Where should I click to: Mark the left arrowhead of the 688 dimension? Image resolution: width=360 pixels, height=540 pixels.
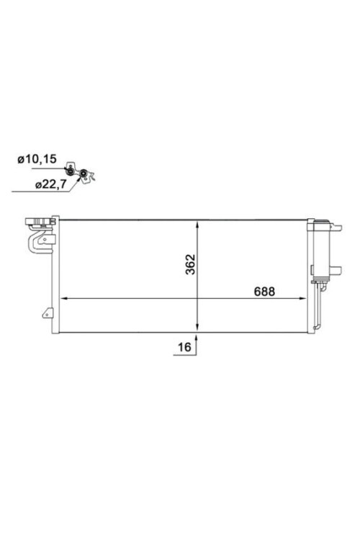63,298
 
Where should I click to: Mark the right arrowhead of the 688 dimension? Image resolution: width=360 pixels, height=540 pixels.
305,298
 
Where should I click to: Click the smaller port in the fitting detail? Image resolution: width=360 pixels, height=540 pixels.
71,169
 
